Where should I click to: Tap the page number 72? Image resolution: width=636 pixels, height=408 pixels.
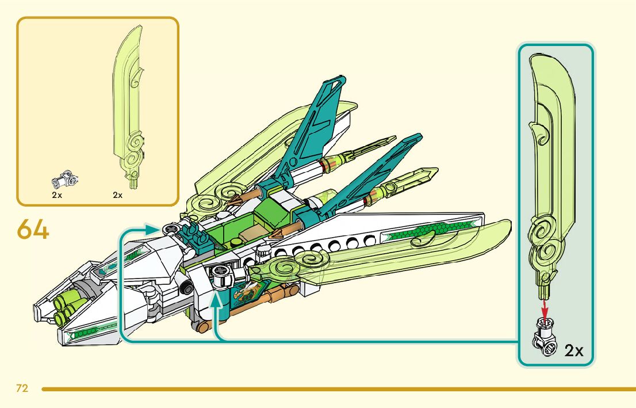22,388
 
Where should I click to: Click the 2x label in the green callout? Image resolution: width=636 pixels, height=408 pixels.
573,350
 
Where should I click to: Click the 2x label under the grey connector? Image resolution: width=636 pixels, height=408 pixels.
56,195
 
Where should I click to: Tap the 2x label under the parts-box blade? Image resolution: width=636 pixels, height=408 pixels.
118,195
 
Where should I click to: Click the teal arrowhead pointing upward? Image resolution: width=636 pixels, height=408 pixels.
217,299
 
